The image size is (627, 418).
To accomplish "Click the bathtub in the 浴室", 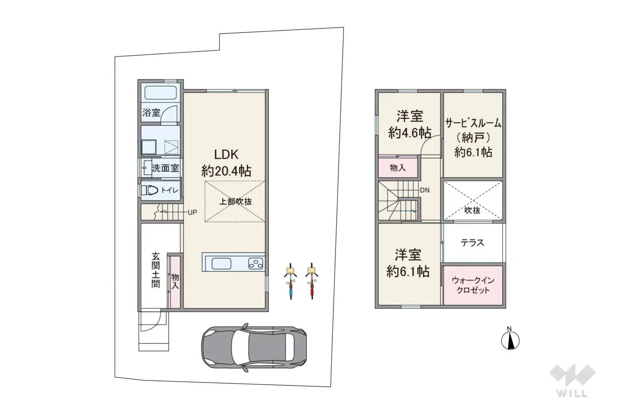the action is pos(160,92).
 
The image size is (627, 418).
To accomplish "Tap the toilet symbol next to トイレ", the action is pos(149,190).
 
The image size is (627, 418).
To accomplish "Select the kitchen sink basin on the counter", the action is pos(221,263).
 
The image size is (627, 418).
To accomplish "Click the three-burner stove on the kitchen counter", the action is pos(256,263).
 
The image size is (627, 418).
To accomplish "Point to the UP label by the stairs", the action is pos(192,212).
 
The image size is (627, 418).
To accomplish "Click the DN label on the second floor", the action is pos(425,190).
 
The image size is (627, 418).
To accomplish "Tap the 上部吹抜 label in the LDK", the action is pos(235,202).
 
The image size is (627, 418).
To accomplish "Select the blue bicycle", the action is pos(291,281).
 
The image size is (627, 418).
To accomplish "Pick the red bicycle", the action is pos(311,281).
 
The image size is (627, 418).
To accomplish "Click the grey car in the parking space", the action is pos(254,348).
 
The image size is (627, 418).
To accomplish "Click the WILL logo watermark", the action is pos(572,381).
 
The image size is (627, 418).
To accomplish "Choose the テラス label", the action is pos(472,242).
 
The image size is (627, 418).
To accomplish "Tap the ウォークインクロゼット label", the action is pos(473,285).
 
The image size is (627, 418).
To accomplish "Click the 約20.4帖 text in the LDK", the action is pos(226,171).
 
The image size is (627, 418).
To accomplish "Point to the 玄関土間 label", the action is pos(156,270).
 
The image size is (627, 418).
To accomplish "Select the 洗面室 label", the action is pos(165,168).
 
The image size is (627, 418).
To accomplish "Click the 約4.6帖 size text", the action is pos(410,133).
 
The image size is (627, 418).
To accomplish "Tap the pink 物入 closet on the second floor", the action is pos(398,168).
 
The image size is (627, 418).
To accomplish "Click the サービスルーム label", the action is pos(473,123).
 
